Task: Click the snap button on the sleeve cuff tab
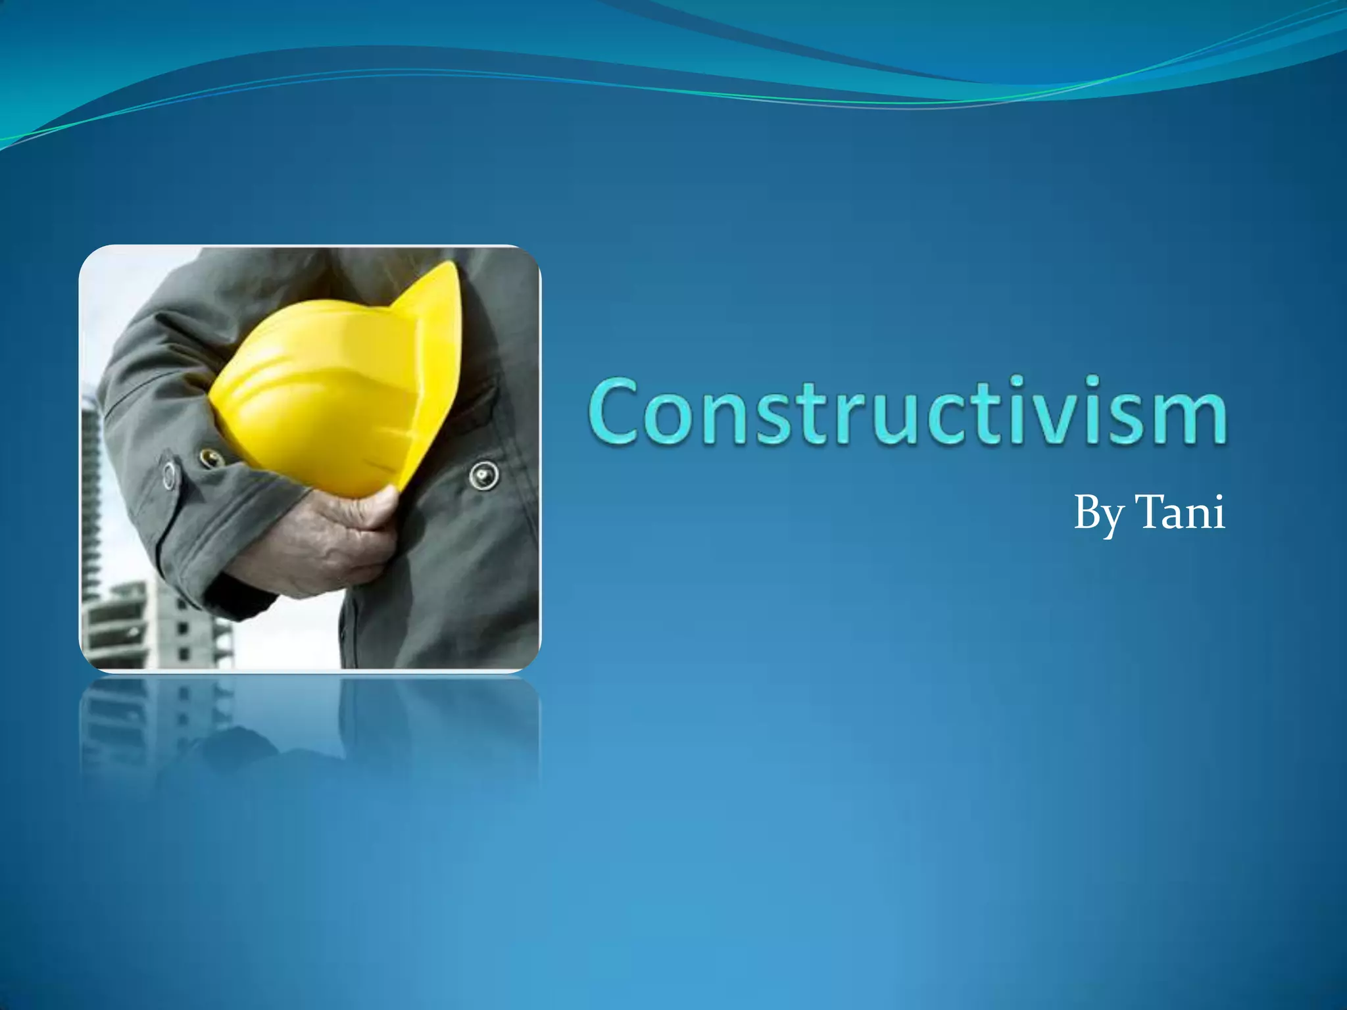click(170, 475)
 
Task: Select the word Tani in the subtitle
click(1180, 513)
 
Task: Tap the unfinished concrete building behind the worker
click(158, 625)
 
